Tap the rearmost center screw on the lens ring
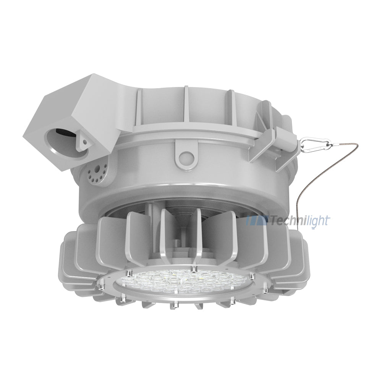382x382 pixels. pos(194,267)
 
